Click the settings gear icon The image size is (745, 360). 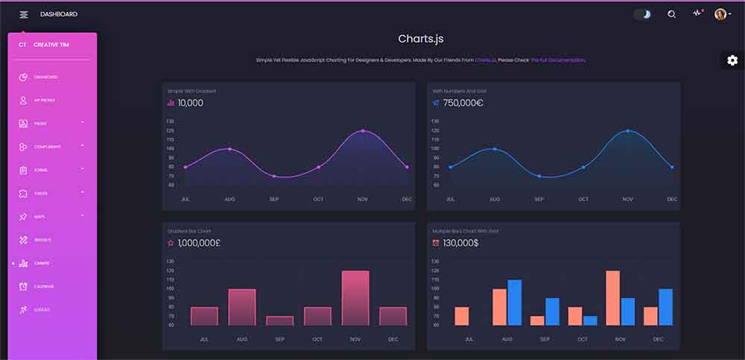732,60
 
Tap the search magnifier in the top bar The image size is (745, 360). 671,14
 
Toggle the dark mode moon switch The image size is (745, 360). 642,14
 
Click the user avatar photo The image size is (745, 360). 720,14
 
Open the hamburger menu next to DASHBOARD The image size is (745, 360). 24,14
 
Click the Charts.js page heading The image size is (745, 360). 420,39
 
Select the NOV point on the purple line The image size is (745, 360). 363,131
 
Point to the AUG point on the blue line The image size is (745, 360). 494,149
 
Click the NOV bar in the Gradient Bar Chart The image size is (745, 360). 355,297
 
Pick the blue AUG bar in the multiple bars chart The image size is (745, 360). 514,303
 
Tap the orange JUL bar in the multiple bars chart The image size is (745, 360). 462,316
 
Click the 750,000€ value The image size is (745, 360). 463,103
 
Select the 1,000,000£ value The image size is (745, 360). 199,243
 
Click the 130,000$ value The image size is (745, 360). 460,243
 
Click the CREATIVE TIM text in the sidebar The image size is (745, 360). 51,45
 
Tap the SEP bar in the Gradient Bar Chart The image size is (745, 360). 279,320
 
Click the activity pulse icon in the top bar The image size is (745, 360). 697,13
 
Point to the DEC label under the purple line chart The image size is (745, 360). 406,199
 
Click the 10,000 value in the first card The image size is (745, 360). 190,103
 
